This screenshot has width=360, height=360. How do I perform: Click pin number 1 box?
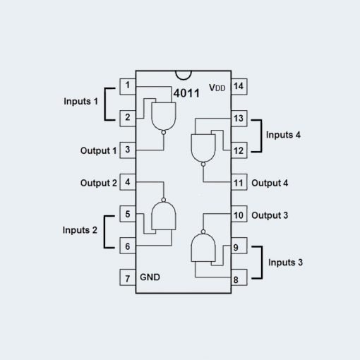pos(128,87)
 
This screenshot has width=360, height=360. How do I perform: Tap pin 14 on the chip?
pos(239,87)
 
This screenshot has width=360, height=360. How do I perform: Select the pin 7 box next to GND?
pos(128,277)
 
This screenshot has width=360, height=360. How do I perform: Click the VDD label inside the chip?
pos(217,88)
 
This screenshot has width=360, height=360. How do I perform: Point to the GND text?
pos(150,277)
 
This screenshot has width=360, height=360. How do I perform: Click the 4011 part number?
pos(186,93)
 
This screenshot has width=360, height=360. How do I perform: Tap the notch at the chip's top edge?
pos(184,76)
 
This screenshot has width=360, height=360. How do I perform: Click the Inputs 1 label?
pos(80,102)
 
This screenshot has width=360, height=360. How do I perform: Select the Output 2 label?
pos(99,183)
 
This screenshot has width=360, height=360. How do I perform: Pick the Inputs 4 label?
pos(283,135)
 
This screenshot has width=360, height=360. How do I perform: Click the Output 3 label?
pos(270,215)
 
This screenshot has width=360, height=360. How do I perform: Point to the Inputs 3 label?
pos(285,263)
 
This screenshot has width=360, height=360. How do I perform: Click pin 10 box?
pos(239,214)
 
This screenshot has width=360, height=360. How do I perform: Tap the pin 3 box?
pos(128,150)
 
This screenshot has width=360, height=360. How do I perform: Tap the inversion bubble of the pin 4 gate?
pos(164,200)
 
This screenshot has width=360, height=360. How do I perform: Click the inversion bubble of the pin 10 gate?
pos(203,232)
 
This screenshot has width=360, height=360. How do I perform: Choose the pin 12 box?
pos(239,150)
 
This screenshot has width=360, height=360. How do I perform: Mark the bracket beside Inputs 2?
pos(104,232)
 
